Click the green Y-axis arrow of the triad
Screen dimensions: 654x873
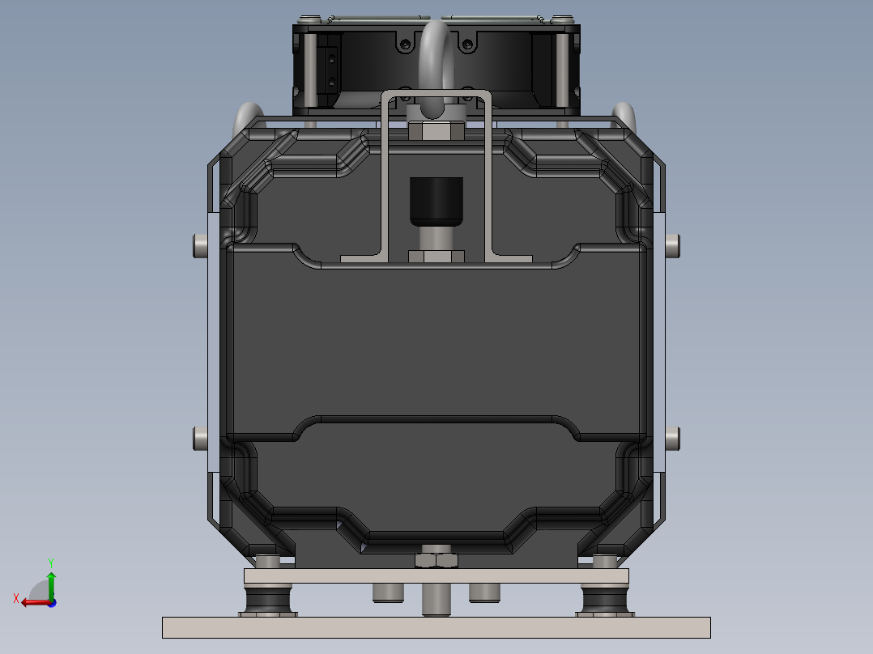51,581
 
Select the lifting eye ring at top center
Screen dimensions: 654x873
436,49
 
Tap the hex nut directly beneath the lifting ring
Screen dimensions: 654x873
436,131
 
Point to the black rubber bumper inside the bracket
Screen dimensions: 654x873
436,202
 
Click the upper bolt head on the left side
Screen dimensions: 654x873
199,244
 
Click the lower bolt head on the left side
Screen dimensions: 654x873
199,439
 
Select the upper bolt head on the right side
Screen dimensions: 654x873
673,244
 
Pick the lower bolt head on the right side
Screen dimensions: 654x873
673,439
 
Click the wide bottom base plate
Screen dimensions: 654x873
436,627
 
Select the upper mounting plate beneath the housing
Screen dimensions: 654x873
436,575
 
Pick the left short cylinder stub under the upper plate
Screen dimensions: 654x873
388,592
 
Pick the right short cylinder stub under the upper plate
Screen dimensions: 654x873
484,592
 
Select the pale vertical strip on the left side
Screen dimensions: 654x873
213,340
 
